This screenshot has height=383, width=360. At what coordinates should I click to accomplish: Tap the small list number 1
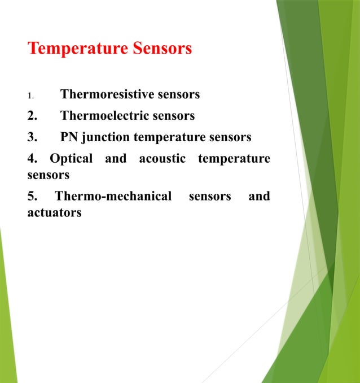pos(30,95)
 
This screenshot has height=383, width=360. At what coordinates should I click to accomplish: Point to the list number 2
pos(32,116)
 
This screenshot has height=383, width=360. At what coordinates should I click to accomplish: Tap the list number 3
pos(32,137)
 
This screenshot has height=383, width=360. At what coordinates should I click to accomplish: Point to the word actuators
pos(54,213)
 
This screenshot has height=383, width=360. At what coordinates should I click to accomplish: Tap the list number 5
pos(32,197)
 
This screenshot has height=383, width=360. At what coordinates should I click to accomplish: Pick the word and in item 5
pos(259,197)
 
